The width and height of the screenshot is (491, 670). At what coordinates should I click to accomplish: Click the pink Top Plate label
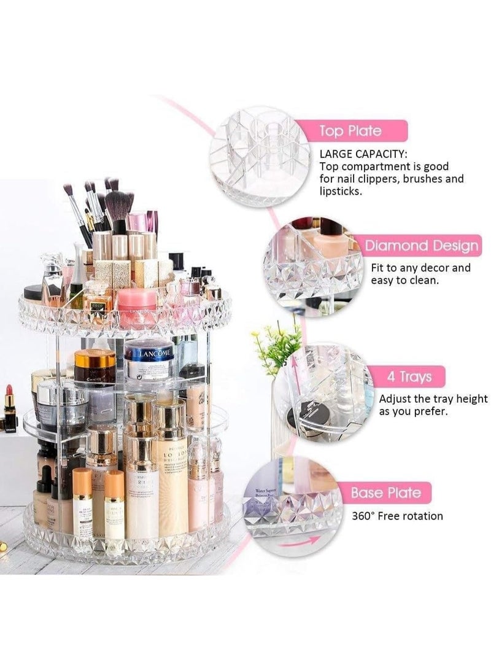[349, 131]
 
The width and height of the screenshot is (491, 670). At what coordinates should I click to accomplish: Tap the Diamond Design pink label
[421, 246]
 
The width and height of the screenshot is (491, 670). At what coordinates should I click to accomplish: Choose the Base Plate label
[386, 493]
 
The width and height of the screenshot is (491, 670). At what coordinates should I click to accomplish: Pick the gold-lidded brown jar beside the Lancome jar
[95, 367]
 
